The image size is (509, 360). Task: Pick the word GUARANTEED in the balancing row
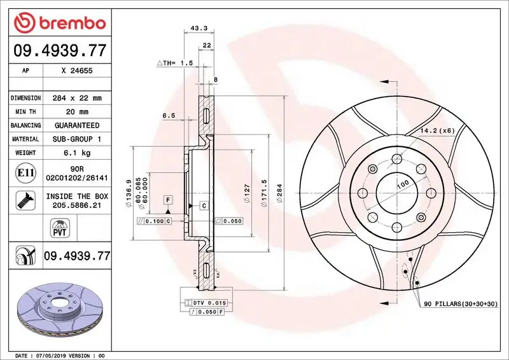(77, 125)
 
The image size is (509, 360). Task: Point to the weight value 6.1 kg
(77, 153)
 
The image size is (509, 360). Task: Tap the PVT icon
(60, 228)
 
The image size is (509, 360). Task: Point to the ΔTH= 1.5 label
(174, 64)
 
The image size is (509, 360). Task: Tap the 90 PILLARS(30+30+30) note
(461, 304)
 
